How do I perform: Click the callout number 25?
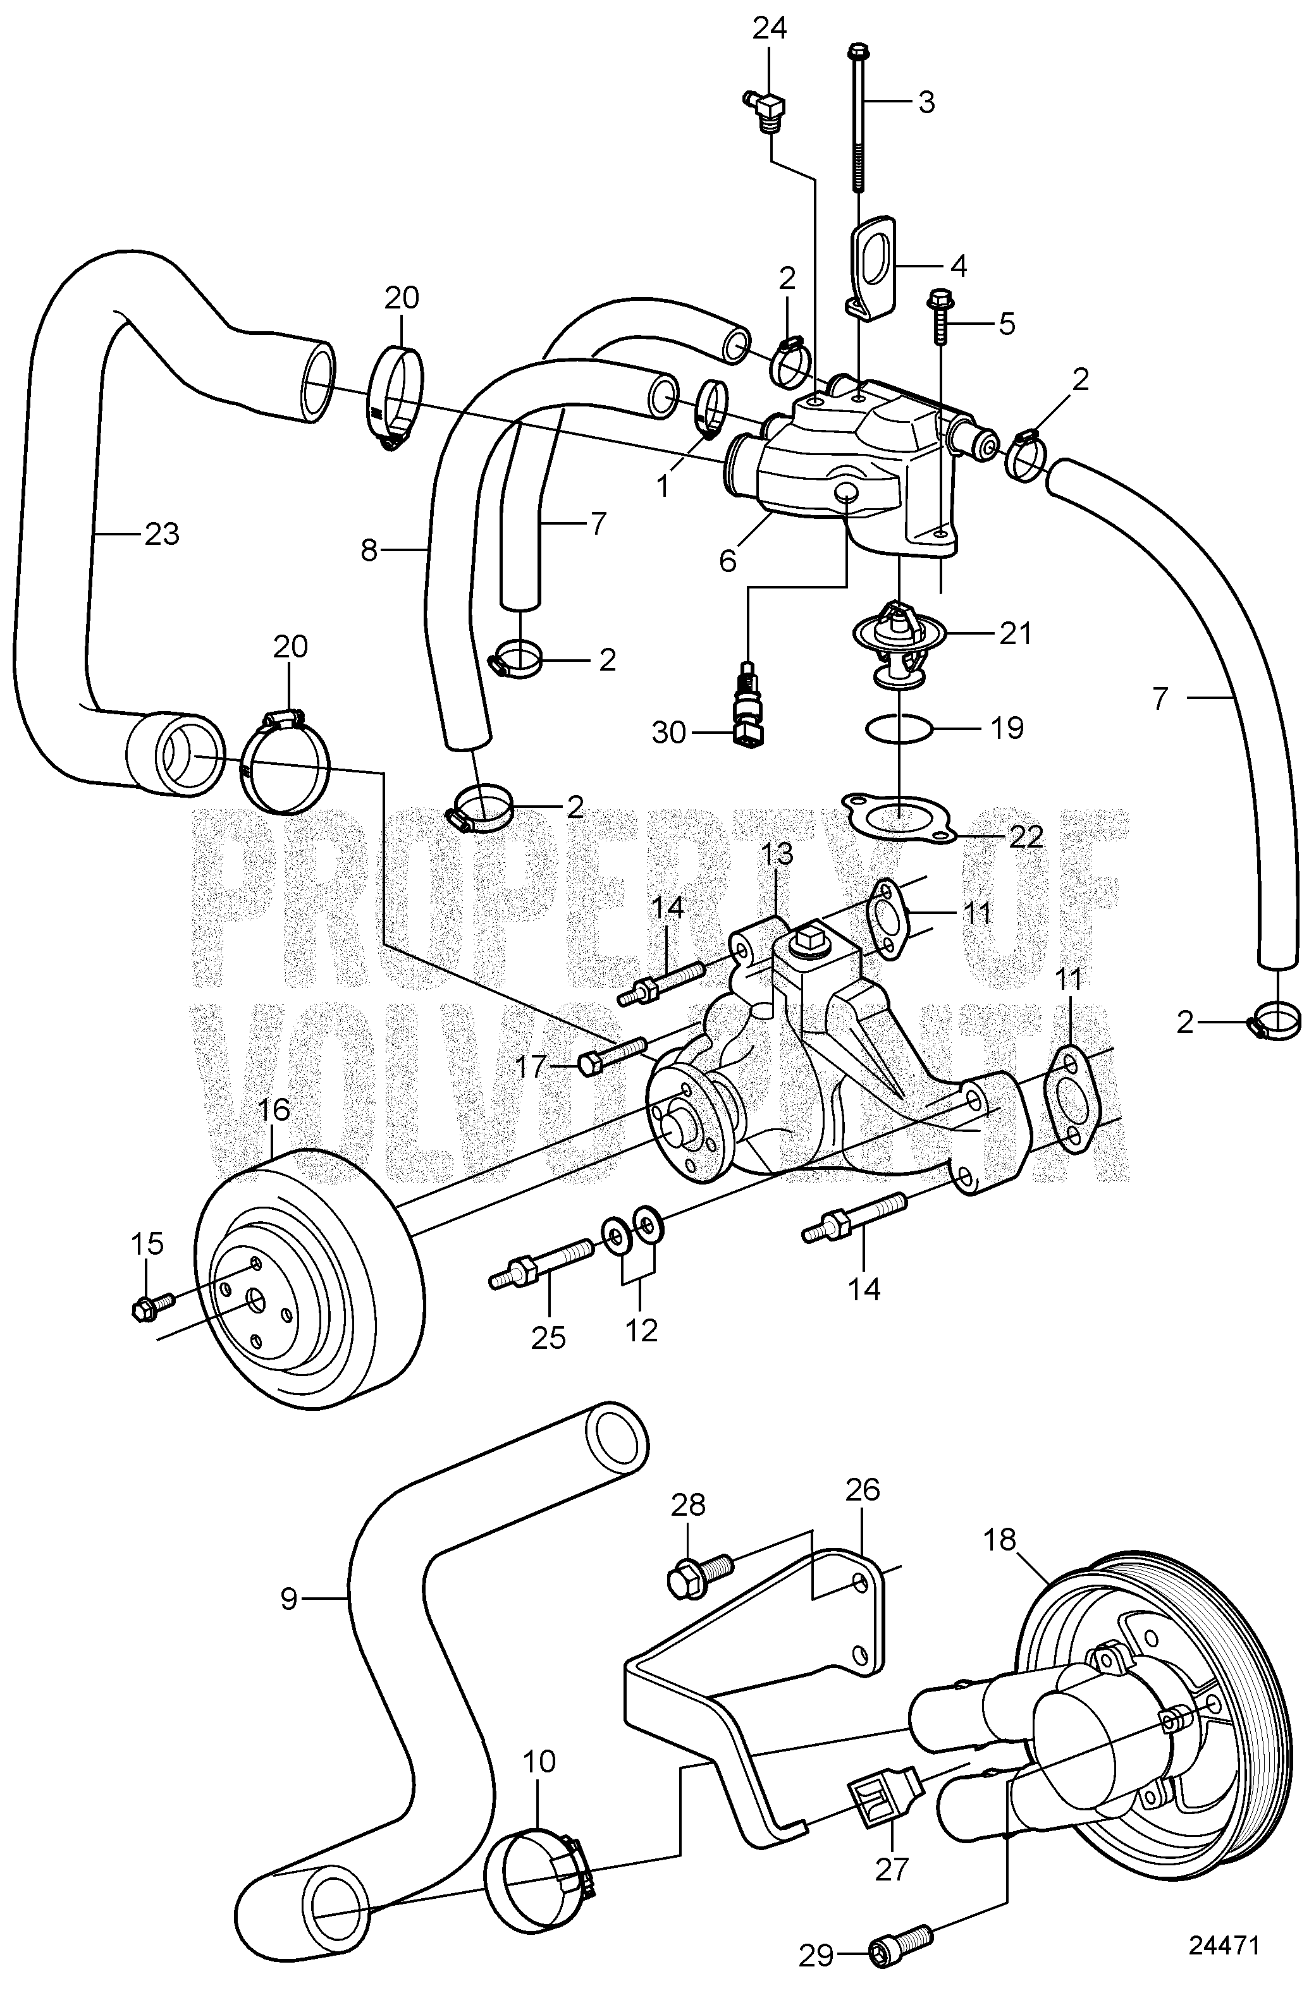(550, 1338)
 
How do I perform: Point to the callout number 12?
(641, 1329)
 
